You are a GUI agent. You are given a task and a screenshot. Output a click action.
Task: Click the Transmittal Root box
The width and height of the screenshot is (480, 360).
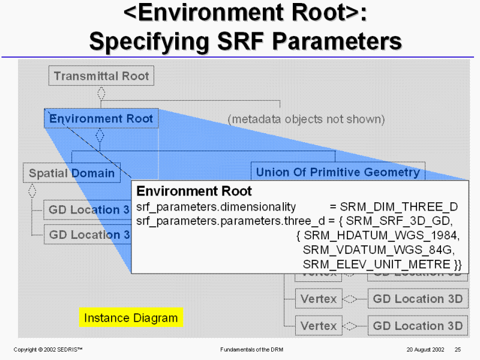coord(101,76)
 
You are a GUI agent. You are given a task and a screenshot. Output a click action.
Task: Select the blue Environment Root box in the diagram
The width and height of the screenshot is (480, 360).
coord(101,119)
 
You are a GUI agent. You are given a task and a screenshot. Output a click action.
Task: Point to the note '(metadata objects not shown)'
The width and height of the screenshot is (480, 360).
coord(306,119)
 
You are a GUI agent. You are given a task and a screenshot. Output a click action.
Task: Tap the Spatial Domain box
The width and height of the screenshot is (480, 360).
coord(72,173)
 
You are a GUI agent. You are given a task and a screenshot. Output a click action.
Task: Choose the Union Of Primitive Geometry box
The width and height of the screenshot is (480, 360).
coord(338,172)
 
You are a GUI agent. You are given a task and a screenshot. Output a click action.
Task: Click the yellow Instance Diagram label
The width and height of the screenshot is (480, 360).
coord(131,318)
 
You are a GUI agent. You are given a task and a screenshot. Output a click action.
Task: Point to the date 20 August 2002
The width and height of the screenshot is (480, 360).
coord(425,349)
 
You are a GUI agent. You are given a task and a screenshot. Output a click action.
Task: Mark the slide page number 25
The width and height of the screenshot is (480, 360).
coord(458,349)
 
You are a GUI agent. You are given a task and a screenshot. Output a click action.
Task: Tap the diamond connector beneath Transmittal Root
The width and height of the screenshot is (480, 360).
coord(101,94)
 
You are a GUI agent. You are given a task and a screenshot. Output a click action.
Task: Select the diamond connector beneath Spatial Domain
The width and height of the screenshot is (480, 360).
coord(32,190)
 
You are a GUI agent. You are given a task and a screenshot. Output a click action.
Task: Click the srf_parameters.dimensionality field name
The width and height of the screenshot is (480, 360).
coord(217,207)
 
